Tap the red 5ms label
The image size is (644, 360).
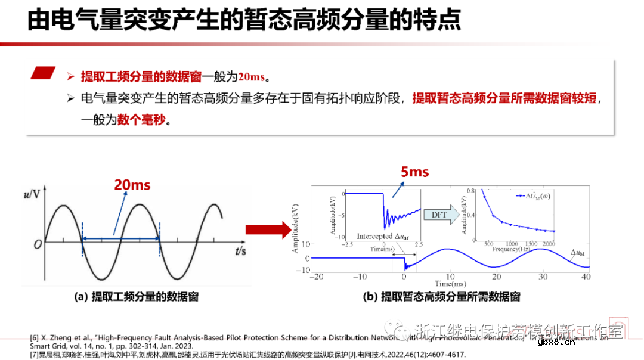pyautogui.click(x=414, y=172)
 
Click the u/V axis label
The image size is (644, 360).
pyautogui.click(x=32, y=194)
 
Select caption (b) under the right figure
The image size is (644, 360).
pyautogui.click(x=442, y=296)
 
